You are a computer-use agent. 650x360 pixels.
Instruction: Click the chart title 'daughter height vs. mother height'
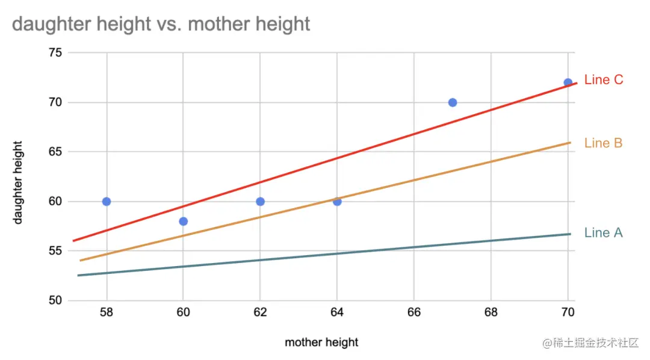[x=161, y=24]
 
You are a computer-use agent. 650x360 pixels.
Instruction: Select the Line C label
[x=604, y=80]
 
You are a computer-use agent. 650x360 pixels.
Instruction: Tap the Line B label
[x=603, y=143]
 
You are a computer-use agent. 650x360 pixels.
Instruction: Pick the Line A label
[x=603, y=233]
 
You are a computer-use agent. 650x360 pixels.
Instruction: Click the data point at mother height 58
[x=107, y=201]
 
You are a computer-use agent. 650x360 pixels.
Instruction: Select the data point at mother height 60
[x=184, y=221]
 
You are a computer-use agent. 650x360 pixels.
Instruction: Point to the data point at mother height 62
[x=260, y=201]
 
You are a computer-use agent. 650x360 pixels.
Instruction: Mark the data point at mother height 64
[x=337, y=201]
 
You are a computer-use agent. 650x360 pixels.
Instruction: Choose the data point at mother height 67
[x=453, y=102]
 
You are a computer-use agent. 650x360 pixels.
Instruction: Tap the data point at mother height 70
[x=568, y=82]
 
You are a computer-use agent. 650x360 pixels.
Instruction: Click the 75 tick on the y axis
[x=55, y=53]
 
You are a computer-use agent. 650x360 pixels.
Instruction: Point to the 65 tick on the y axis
[x=55, y=152]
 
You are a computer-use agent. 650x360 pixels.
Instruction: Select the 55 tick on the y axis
[x=55, y=250]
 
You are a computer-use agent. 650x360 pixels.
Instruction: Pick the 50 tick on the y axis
[x=55, y=300]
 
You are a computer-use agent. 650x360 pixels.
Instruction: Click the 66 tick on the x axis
[x=414, y=312]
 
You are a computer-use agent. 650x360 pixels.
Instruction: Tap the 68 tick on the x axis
[x=491, y=312]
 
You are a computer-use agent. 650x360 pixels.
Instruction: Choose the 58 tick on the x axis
[x=107, y=312]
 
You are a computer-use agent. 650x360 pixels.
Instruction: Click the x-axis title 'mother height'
[x=321, y=343]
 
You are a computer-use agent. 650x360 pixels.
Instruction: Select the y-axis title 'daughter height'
[x=18, y=182]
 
